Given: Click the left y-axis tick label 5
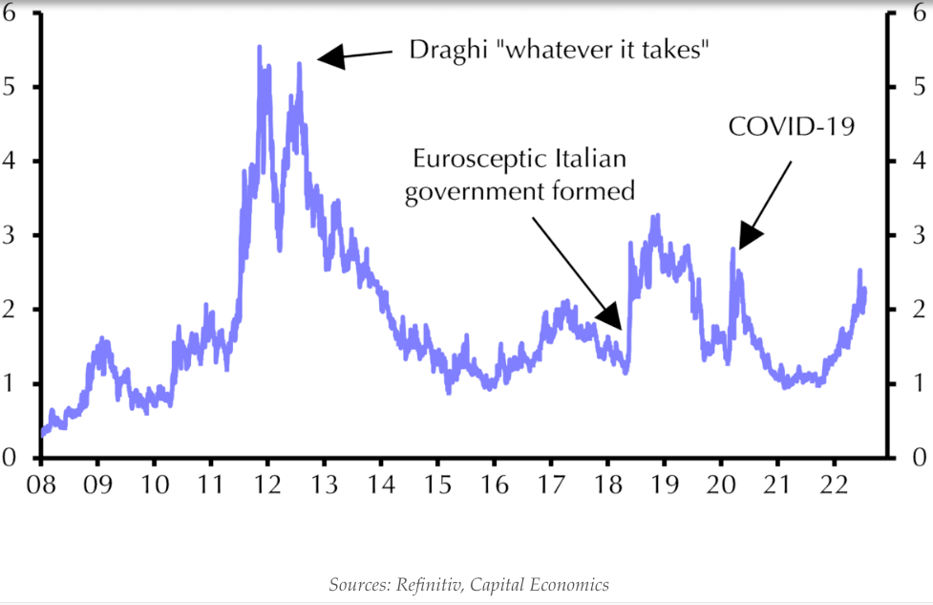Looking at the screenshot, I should [x=11, y=87].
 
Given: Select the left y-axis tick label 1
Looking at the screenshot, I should [x=11, y=383].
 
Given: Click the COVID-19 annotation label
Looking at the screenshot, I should [x=791, y=125].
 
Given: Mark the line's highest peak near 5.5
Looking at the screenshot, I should [x=260, y=47].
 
